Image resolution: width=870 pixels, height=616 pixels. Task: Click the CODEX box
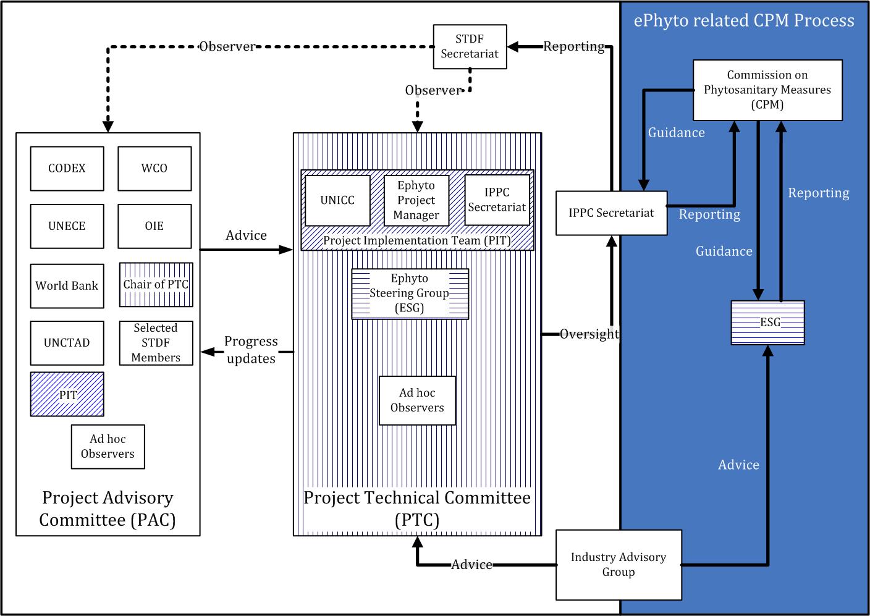tap(67, 168)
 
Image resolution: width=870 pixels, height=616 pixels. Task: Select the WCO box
tap(154, 168)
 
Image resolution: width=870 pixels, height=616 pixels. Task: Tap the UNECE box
tap(67, 226)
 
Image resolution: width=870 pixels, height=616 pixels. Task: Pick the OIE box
tap(154, 226)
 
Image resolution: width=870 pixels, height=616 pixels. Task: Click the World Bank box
tap(67, 285)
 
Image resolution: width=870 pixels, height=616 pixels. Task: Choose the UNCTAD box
tap(67, 343)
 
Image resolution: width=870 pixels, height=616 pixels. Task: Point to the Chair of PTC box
tap(156, 285)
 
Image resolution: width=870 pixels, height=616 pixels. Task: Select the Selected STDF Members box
tap(156, 343)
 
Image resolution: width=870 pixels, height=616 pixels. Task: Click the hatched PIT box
tap(67, 394)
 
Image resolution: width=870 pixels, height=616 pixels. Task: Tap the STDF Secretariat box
tap(470, 46)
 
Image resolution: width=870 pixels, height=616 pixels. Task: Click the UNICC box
tap(337, 201)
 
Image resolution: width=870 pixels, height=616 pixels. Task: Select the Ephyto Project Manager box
tap(416, 200)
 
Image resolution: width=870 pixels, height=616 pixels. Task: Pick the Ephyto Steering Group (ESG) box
tap(410, 293)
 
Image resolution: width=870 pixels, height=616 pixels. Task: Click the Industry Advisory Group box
tap(619, 565)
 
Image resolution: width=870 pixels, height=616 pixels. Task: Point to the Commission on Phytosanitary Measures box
tap(767, 90)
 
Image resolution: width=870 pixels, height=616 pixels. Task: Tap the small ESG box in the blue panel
tap(768, 323)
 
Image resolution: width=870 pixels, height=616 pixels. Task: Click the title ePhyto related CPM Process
tap(744, 21)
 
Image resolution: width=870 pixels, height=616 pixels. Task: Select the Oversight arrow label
tap(589, 334)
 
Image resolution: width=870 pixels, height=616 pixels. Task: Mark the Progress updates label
tap(251, 350)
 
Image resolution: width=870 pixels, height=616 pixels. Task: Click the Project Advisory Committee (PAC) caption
tap(108, 508)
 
